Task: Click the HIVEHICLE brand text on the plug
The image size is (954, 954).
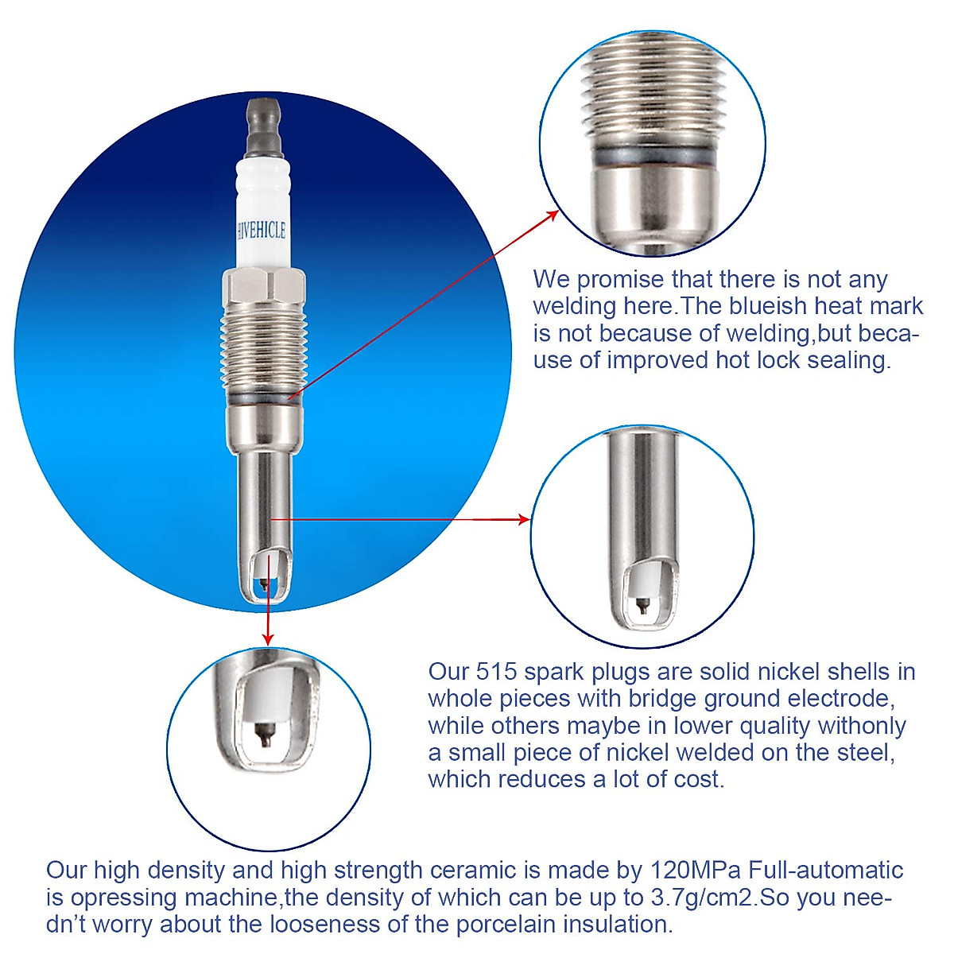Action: pyautogui.click(x=262, y=231)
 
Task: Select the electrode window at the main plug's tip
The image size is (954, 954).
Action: pyautogui.click(x=266, y=574)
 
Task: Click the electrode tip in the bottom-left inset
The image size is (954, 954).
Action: pyautogui.click(x=266, y=735)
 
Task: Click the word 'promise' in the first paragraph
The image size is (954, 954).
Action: pyautogui.click(x=622, y=280)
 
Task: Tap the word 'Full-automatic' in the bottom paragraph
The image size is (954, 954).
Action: pyautogui.click(x=824, y=870)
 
